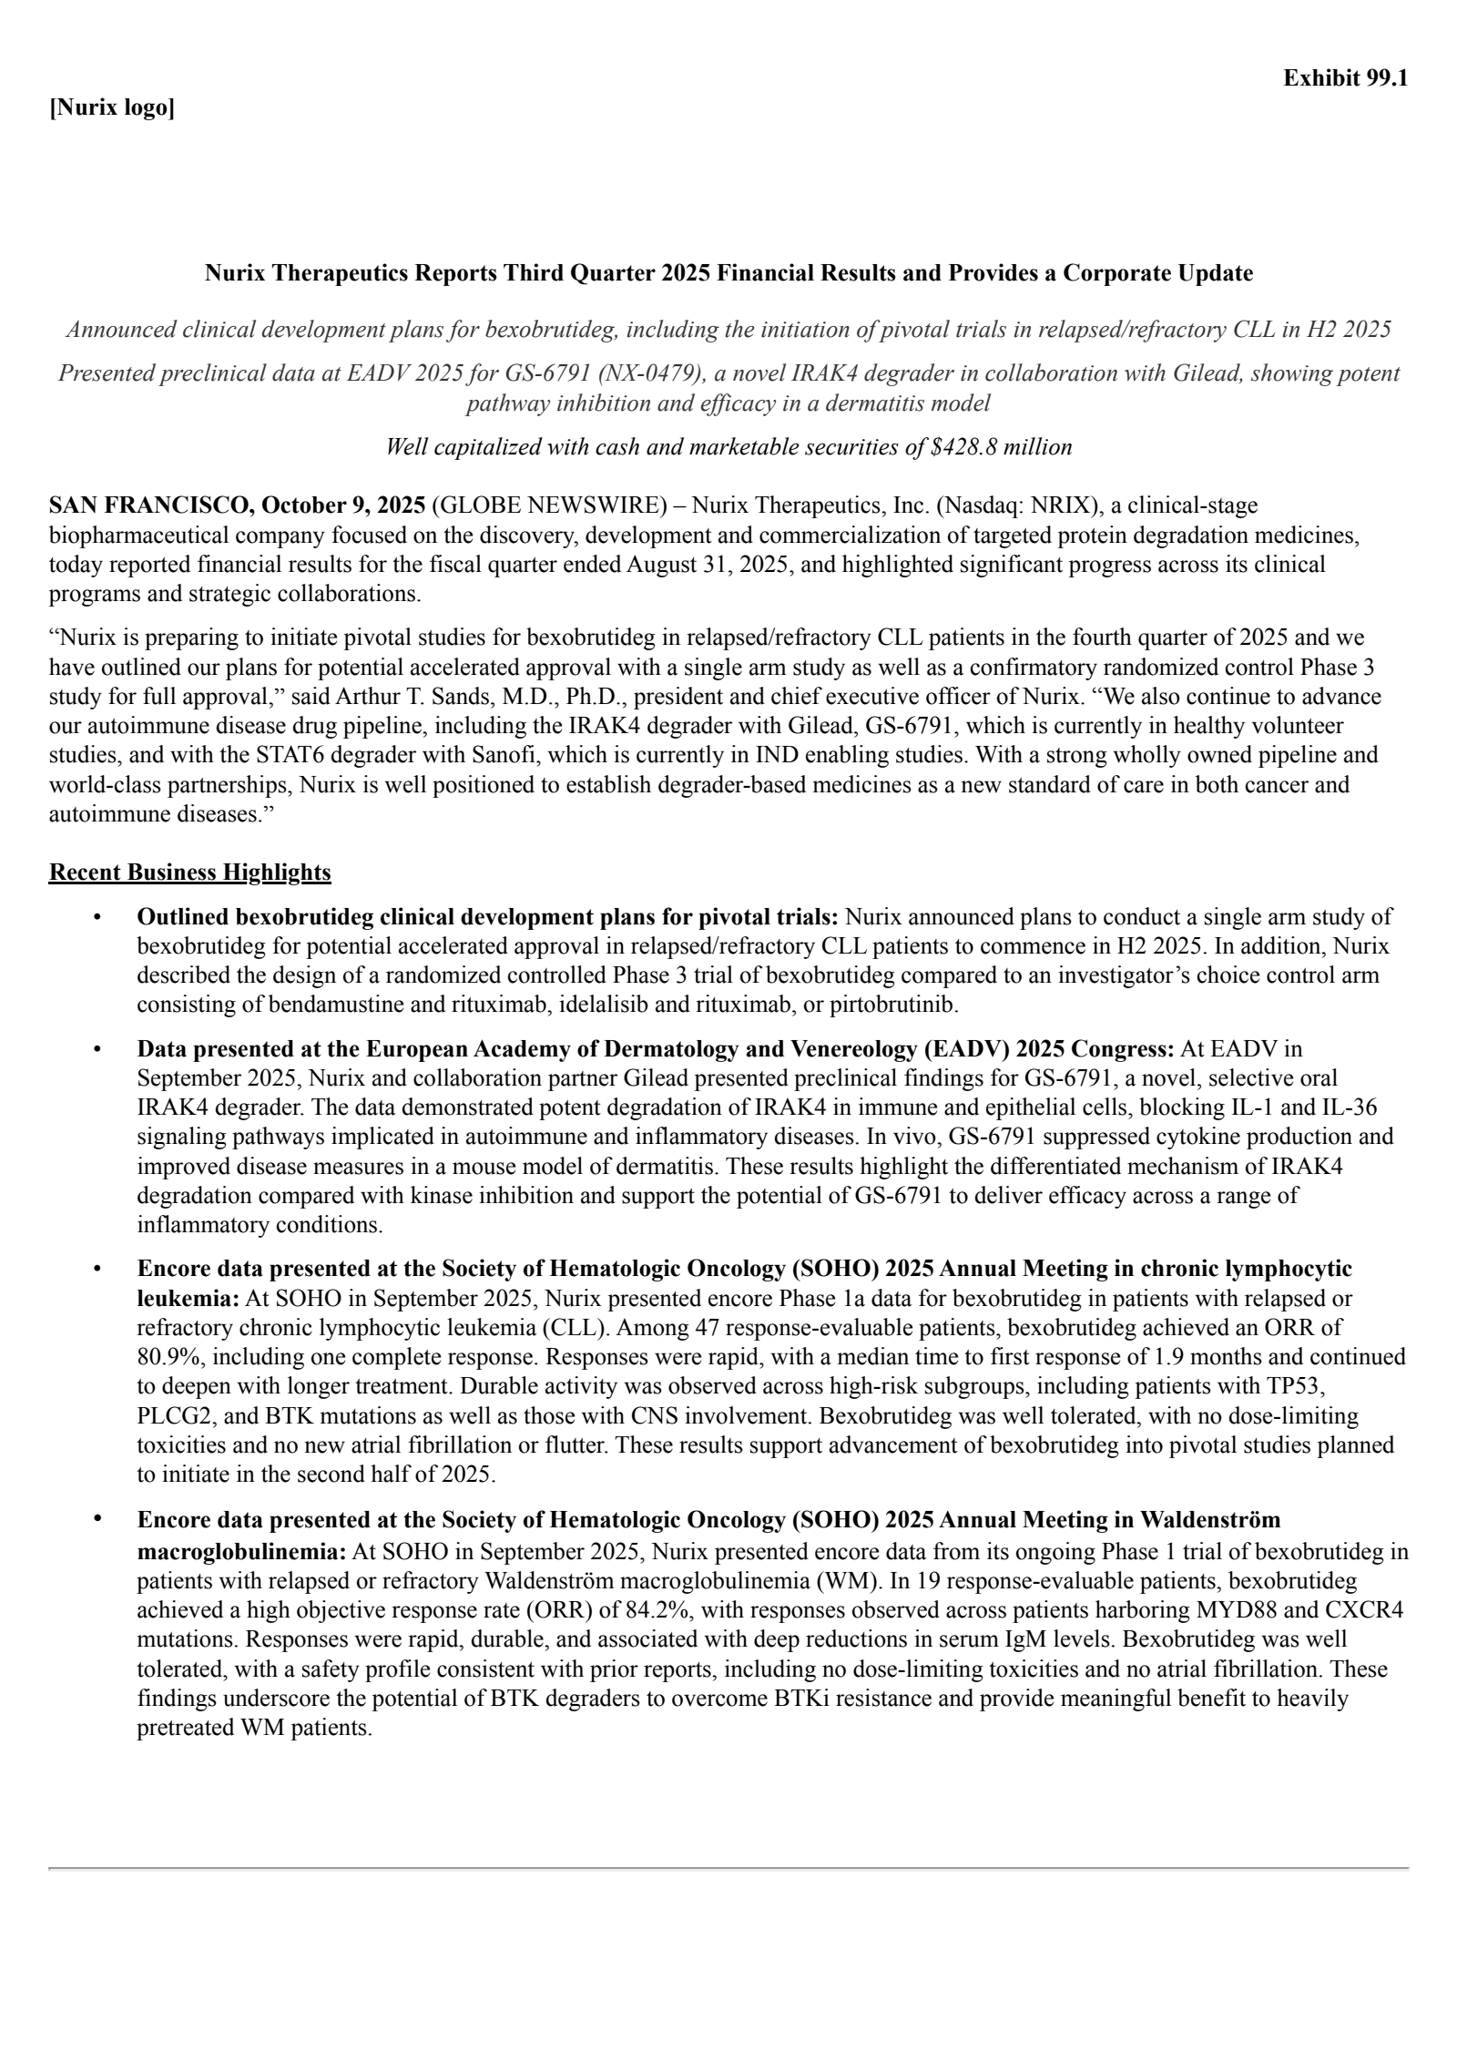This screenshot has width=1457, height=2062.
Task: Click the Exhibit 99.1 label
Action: point(1345,78)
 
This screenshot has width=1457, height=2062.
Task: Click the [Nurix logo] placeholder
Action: point(111,108)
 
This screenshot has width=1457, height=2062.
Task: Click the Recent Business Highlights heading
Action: point(189,873)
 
